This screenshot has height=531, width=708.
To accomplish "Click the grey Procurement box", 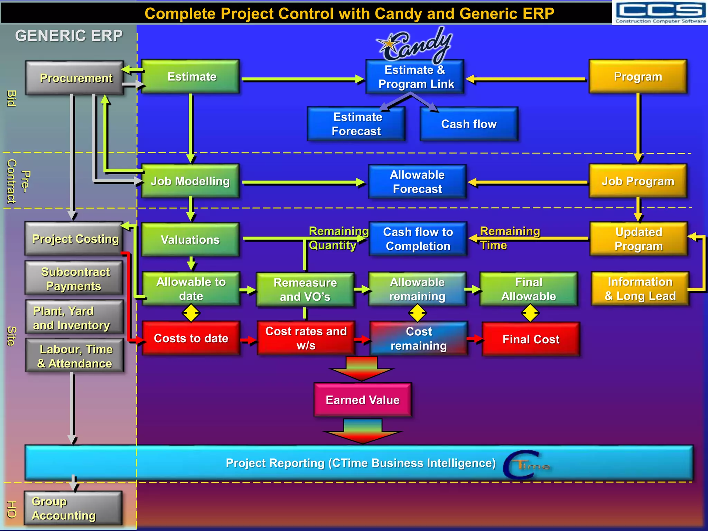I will click(75, 78).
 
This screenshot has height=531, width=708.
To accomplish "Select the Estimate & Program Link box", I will click(415, 77).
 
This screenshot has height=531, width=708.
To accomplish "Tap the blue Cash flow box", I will click(469, 124).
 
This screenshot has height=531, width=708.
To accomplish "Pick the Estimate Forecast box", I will click(356, 124).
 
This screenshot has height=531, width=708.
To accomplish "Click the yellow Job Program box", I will click(638, 181).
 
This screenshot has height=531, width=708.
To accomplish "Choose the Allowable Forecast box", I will click(417, 182).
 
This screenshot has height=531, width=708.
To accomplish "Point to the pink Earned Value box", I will click(363, 400).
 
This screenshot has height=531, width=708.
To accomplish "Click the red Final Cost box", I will click(531, 339).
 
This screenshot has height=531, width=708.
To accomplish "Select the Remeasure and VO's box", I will click(305, 290).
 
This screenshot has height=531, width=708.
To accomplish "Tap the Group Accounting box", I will click(73, 508).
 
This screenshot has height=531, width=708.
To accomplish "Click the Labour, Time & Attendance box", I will click(75, 356).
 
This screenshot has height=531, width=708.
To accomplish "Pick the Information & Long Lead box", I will click(640, 289).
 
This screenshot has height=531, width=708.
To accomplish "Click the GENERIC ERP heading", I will click(69, 36).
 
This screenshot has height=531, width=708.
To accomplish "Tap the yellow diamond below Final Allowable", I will click(530, 314).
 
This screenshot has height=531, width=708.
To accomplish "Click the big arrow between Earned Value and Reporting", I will click(363, 431).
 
